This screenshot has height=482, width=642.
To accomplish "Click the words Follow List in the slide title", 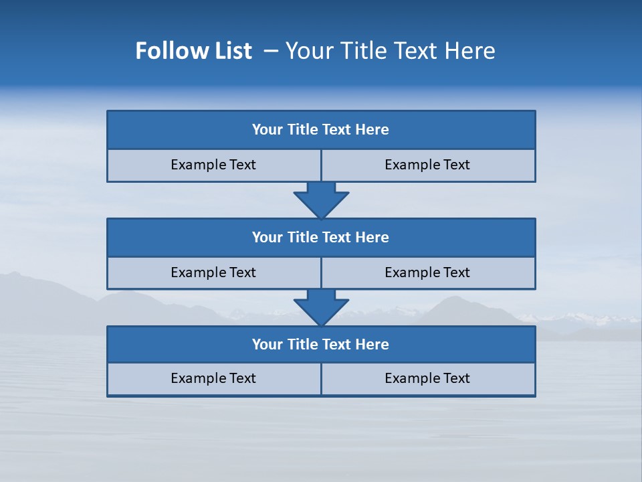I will pos(193,51).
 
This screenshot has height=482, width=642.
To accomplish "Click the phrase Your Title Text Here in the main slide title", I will pos(390,51).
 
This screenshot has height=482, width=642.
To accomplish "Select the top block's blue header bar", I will pos(321,130).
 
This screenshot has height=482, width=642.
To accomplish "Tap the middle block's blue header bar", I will pos(321,238).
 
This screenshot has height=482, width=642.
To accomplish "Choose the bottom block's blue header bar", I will pos(321,345).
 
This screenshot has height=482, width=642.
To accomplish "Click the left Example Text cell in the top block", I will pos(213,165).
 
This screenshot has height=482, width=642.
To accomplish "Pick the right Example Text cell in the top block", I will pos(427,165).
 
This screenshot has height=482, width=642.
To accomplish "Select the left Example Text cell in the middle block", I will pos(213,272).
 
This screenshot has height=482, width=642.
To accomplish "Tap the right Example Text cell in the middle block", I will pos(427,272).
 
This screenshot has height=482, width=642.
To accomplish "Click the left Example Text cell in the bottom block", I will pos(213,378).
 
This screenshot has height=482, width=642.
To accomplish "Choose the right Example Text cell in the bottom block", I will pos(427,378).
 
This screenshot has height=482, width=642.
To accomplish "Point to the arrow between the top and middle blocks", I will pos(321,199).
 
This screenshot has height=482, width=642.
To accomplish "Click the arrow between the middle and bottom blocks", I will pos(321,307).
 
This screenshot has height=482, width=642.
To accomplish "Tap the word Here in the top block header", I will pos(372,130).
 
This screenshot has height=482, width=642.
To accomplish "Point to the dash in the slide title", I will pos(271,51).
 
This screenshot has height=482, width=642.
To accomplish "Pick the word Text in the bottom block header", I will pos(336,345).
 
